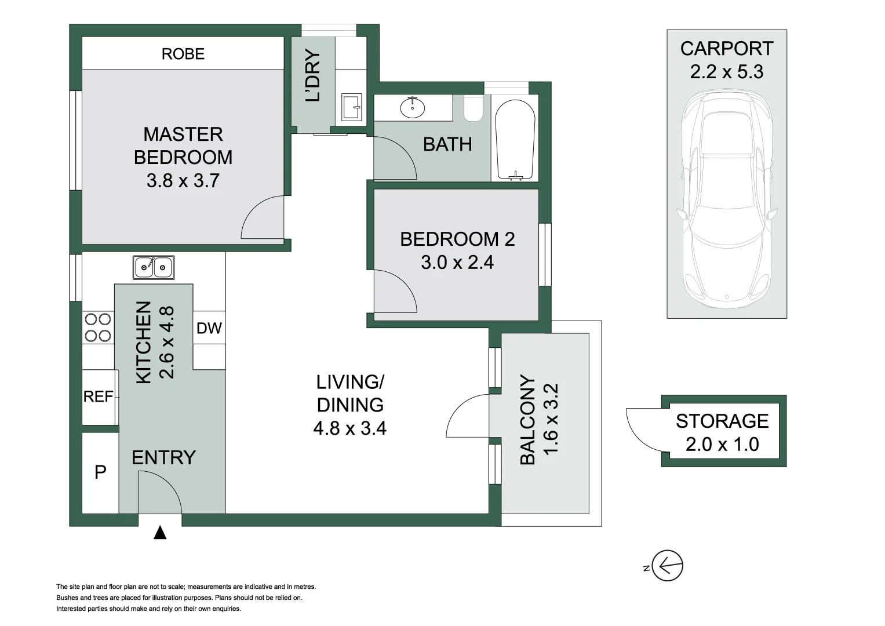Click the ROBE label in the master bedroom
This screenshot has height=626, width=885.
coord(183,54)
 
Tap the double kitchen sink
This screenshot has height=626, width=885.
coord(154,267)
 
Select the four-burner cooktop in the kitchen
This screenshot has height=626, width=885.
coord(97,327)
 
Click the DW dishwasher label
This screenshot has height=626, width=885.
coord(209,328)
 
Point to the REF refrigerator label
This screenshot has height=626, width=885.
coord(99,397)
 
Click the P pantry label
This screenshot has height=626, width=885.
coord(100,472)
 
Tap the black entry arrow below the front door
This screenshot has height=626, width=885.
coord(160,533)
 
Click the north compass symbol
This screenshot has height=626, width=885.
coord(667,565)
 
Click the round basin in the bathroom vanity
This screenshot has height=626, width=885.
coord(412,108)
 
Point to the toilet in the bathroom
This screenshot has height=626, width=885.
coord(474,109)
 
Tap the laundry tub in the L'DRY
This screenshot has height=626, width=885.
coord(351,107)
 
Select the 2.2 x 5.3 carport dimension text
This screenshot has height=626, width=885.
coord(726,72)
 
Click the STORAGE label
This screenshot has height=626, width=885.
coord(722,421)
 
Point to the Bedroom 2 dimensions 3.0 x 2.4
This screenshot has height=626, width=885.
coord(457,263)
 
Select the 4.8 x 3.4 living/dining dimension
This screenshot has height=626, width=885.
coord(349,428)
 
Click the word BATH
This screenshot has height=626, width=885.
coord(447,144)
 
